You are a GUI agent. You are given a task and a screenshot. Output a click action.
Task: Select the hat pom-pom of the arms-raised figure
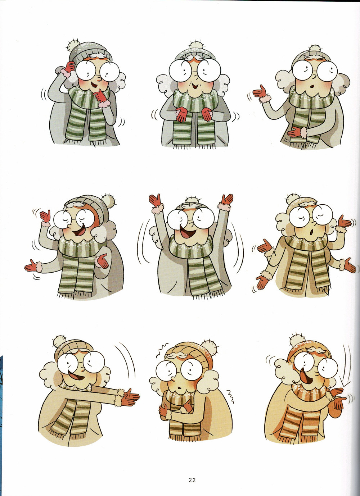point(190,201)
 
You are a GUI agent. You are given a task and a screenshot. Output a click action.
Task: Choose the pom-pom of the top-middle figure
point(196,46)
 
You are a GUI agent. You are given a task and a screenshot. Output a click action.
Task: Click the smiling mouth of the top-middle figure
point(195,85)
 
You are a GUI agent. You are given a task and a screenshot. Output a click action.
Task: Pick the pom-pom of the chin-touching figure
point(74,45)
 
